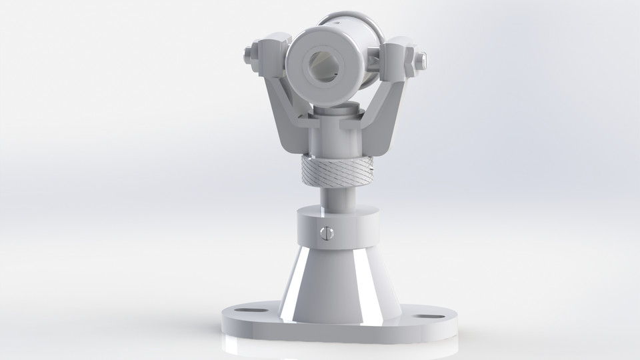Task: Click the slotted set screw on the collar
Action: [326, 233]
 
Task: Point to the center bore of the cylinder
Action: [327, 66]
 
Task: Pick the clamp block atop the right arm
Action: [398, 57]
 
